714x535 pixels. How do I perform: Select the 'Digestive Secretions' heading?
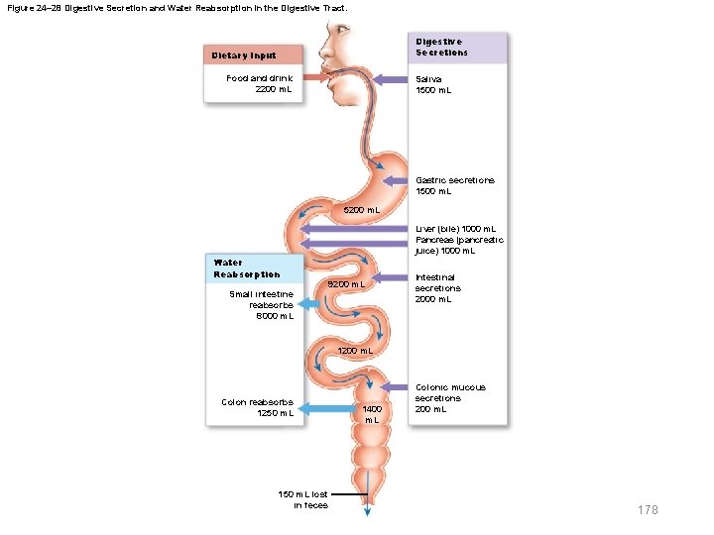click(x=442, y=47)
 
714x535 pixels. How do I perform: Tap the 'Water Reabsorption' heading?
click(x=247, y=268)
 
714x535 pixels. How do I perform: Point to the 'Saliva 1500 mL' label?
click(x=433, y=84)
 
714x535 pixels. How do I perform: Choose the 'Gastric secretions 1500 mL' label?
click(x=455, y=185)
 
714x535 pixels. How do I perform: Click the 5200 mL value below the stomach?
click(x=361, y=210)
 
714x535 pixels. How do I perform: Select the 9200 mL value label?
click(x=347, y=284)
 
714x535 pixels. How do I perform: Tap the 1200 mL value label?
click(x=355, y=351)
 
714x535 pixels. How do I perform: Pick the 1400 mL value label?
click(x=372, y=413)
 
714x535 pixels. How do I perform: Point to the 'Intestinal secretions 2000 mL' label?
click(x=437, y=288)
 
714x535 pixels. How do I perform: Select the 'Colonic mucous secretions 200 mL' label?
click(x=450, y=398)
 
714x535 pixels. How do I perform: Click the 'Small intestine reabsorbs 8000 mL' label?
click(x=261, y=305)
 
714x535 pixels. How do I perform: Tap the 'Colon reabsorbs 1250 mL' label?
click(x=257, y=407)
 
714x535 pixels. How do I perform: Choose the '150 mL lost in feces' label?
click(x=304, y=499)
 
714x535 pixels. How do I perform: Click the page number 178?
click(x=648, y=509)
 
